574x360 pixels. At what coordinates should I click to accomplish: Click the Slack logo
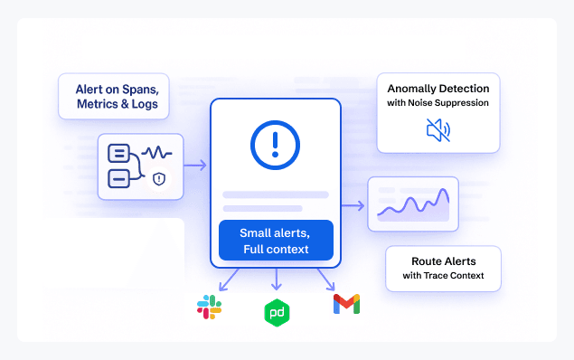click(209, 307)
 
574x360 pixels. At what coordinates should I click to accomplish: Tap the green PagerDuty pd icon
click(276, 312)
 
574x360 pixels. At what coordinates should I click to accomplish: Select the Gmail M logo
click(346, 304)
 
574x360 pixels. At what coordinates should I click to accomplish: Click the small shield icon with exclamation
click(159, 179)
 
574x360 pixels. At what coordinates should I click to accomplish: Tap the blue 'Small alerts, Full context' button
click(276, 241)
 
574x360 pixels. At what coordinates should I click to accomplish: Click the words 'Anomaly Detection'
click(438, 89)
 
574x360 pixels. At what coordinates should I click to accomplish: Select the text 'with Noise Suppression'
click(438, 103)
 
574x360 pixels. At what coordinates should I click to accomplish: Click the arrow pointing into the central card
click(196, 166)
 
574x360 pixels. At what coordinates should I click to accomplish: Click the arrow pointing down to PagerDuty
click(276, 279)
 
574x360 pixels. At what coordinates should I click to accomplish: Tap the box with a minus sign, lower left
click(118, 178)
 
